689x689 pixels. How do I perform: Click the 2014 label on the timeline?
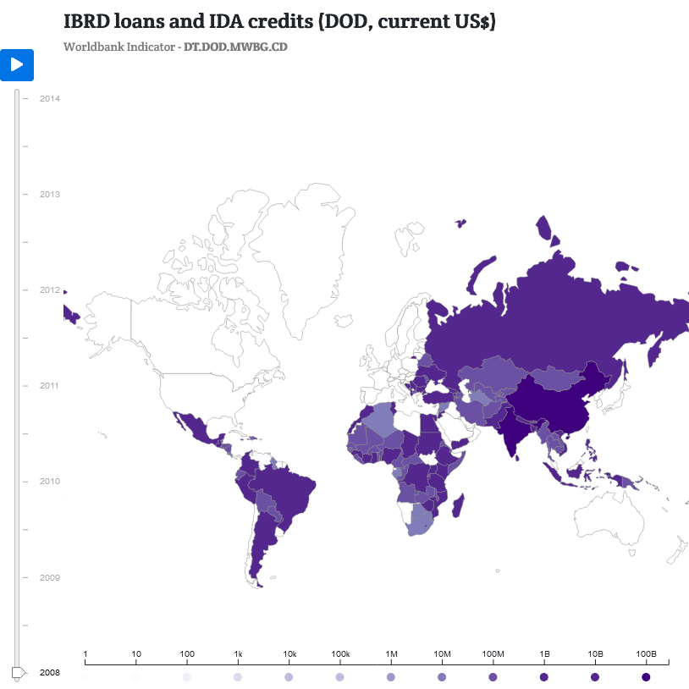(x=50, y=98)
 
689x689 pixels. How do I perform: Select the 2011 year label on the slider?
(x=50, y=385)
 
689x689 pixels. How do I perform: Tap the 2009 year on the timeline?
(x=50, y=577)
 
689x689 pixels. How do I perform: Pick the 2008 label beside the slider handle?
(x=50, y=672)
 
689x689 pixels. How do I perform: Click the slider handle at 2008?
(x=18, y=672)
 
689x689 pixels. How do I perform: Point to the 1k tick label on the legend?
(x=239, y=654)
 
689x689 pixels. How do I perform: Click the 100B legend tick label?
(x=646, y=654)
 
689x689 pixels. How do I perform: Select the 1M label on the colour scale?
(x=391, y=654)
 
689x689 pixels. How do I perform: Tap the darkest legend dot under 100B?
(x=646, y=677)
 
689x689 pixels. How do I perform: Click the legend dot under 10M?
(x=442, y=677)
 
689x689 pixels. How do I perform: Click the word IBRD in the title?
(x=87, y=23)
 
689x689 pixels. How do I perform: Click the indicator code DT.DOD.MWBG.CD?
(x=235, y=47)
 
